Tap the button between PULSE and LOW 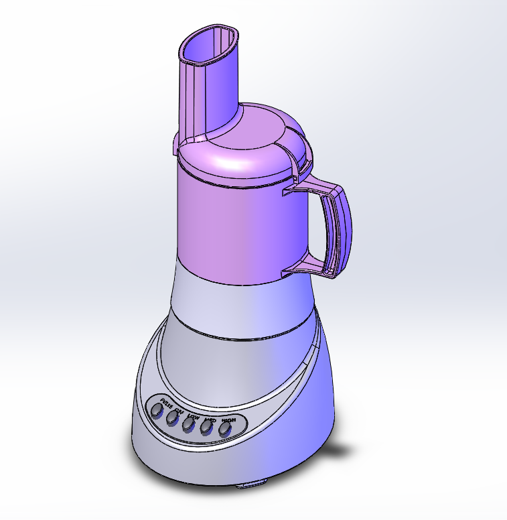click(172, 417)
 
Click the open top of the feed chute click(207, 46)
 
